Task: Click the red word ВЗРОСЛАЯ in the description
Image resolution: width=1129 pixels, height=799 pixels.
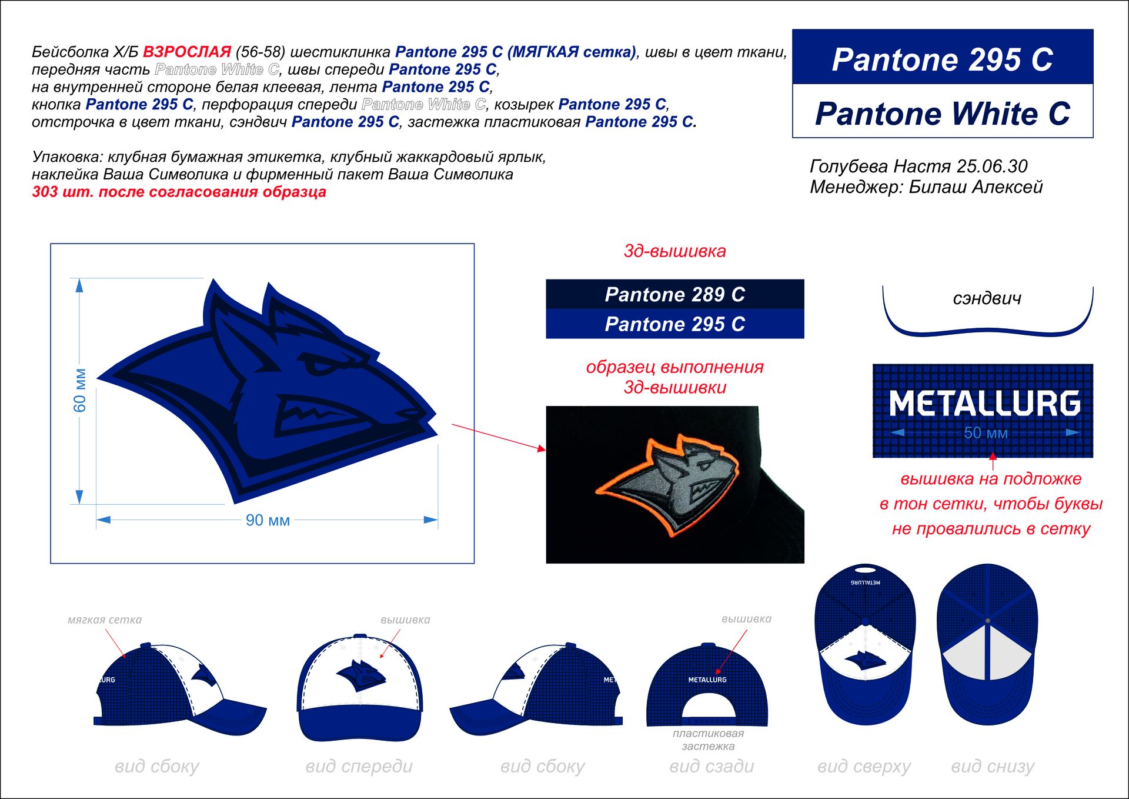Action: (x=187, y=52)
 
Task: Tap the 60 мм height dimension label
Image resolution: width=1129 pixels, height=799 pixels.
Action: (x=80, y=390)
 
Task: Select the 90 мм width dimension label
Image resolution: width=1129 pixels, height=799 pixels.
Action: (x=268, y=520)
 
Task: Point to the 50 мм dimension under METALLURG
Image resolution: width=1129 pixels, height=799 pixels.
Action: (x=986, y=433)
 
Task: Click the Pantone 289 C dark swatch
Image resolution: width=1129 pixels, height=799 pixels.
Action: (x=674, y=294)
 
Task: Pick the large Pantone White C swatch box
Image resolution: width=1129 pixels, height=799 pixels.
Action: (x=942, y=113)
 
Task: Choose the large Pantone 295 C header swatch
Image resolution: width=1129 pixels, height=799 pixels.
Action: (x=942, y=59)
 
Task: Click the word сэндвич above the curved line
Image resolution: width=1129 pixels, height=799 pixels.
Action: (x=987, y=299)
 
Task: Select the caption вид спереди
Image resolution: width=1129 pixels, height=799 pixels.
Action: (x=359, y=766)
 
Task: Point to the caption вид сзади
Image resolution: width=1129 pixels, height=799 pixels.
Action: (x=712, y=766)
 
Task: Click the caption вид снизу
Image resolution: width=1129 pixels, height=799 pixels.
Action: (x=993, y=766)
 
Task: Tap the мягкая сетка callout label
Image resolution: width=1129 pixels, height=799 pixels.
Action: (x=105, y=620)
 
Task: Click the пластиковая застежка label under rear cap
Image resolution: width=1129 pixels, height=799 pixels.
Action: (x=708, y=740)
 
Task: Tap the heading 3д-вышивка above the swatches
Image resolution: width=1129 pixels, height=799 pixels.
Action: (x=674, y=251)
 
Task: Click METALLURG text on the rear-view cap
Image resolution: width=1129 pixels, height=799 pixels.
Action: (x=707, y=680)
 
